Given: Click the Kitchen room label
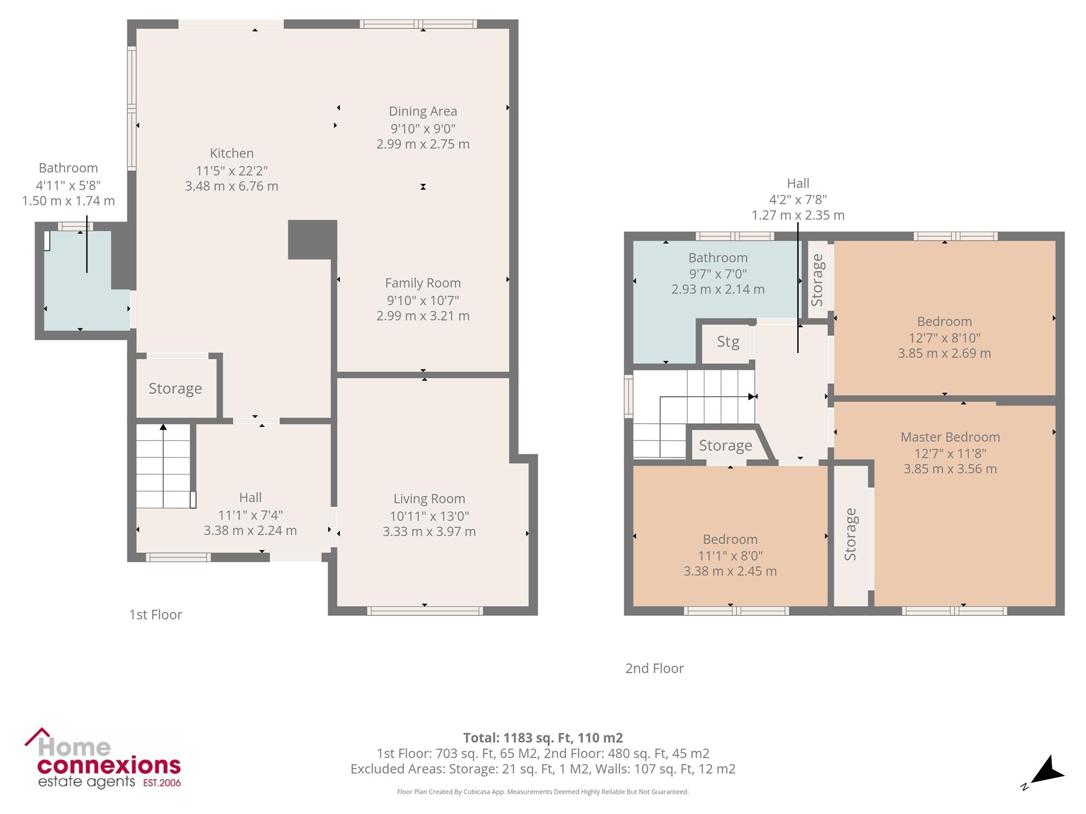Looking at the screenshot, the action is point(232,154).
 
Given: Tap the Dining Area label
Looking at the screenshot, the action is point(423,112).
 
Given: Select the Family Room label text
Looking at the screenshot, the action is point(423,283).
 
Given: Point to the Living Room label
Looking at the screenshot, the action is point(429,499).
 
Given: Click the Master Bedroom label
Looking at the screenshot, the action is point(950,437).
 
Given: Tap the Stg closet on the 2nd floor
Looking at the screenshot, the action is point(728,342).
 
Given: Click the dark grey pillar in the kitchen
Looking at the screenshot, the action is point(312,239).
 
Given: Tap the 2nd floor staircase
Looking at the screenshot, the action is point(694,414).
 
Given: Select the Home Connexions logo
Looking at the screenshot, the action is point(103,758).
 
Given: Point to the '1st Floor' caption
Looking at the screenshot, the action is point(155,615).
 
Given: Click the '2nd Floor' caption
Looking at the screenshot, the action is point(654,669).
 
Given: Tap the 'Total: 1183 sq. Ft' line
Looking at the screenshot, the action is point(543,738).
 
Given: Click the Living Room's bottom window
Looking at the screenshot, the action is point(425,611).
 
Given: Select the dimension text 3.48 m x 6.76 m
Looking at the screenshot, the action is point(232,187).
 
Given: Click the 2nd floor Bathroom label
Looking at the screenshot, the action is point(718,258).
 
